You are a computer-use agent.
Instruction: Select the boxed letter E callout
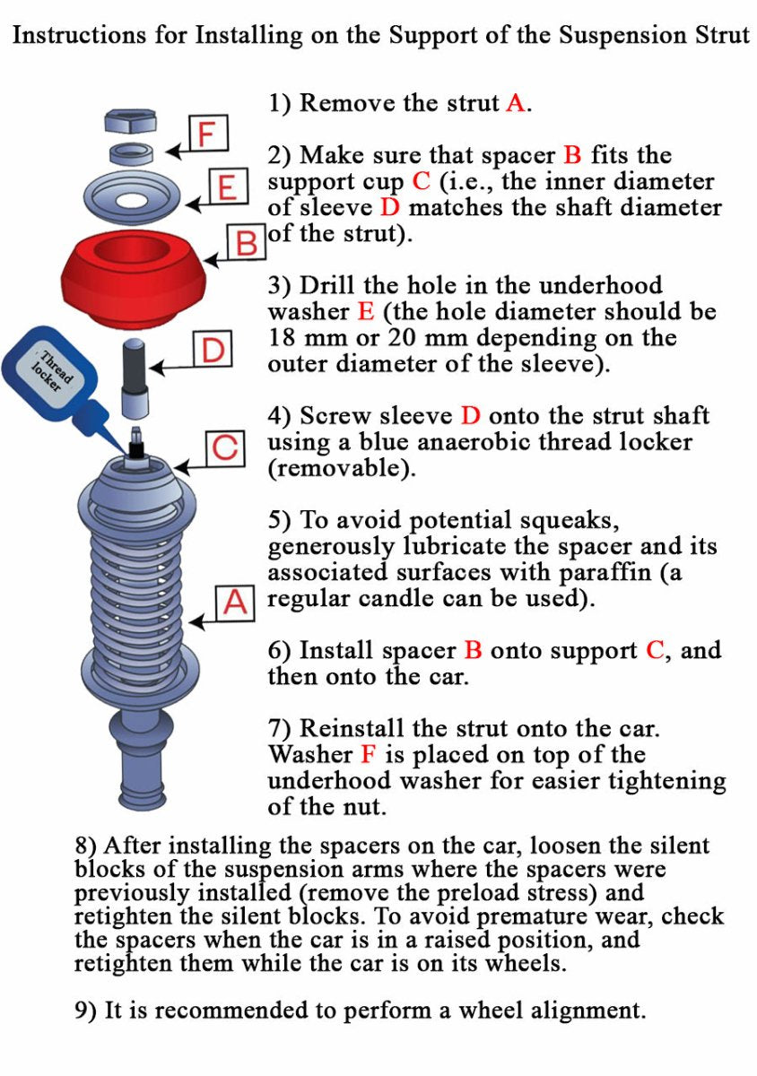click(229, 187)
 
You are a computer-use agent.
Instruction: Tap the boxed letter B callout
click(246, 241)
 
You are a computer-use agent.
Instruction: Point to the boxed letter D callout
click(213, 349)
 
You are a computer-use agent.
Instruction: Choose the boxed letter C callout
click(225, 448)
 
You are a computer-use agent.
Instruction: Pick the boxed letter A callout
click(235, 603)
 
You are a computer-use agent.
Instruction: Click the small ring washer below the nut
click(131, 152)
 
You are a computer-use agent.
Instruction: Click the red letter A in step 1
click(516, 103)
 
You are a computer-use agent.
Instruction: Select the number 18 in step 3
click(283, 338)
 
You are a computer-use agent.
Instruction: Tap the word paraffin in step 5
click(605, 573)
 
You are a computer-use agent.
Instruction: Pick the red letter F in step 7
click(368, 754)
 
